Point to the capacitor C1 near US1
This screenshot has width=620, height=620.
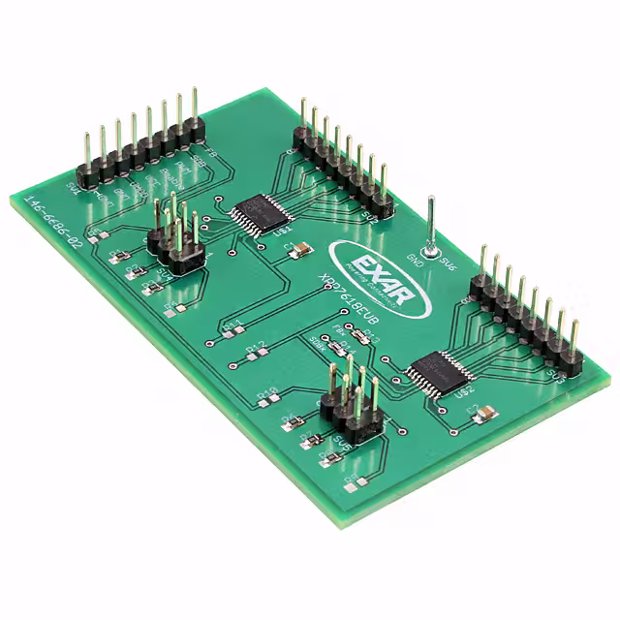[300, 251]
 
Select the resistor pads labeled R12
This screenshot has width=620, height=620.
[256, 351]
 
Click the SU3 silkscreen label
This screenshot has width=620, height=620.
[554, 374]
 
